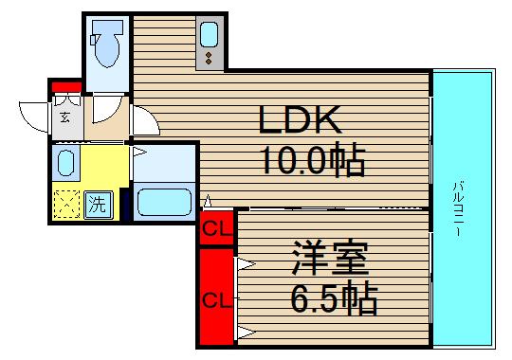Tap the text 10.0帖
(x=310, y=162)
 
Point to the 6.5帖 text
(x=332, y=300)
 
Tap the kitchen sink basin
(x=210, y=38)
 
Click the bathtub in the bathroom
(x=164, y=201)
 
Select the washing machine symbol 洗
(x=98, y=202)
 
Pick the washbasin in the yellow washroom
(x=64, y=162)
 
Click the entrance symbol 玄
(x=65, y=117)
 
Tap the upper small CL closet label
(x=216, y=227)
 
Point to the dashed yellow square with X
(x=67, y=202)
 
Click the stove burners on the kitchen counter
(x=209, y=60)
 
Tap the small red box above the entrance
(x=65, y=90)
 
